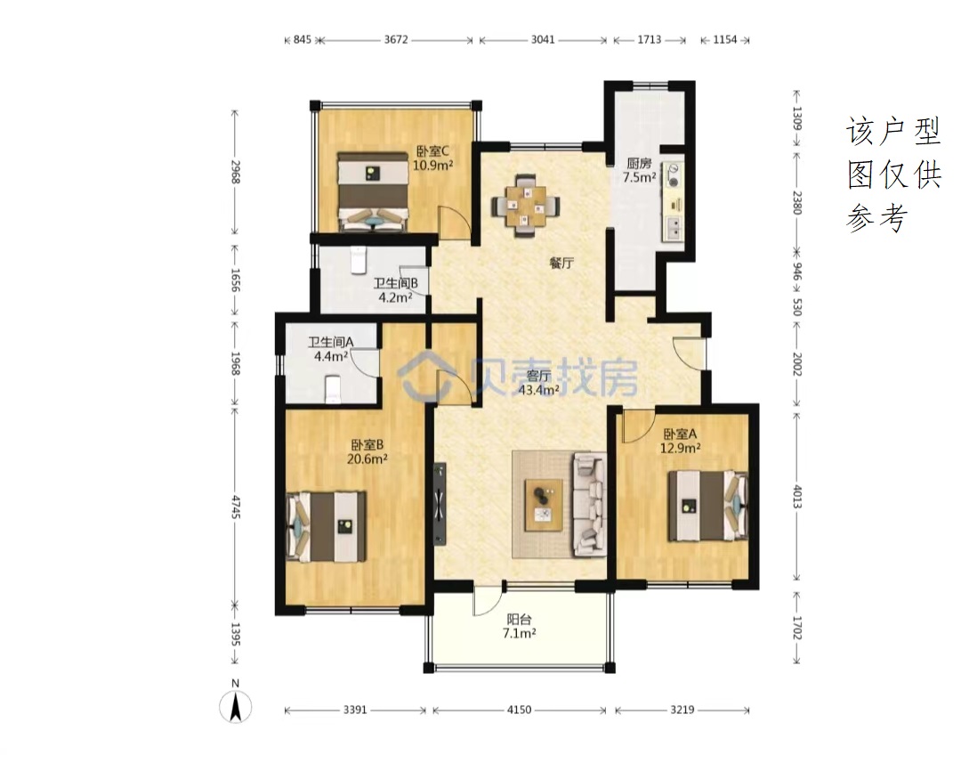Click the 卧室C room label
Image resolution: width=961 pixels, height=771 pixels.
433,150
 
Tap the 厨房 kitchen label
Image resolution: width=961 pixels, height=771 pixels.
639,163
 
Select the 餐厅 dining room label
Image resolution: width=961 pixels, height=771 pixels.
561,264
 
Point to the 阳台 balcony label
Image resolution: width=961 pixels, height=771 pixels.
519,620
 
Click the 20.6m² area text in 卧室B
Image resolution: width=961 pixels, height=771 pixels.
367,459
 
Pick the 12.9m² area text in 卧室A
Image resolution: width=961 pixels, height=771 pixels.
681,448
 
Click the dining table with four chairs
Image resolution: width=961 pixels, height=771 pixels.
526,206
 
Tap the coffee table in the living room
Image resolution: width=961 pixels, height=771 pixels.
544,505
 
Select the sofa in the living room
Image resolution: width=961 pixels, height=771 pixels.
589,505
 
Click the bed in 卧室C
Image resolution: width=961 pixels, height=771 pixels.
373,191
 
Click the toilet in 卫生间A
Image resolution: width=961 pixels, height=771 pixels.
332,390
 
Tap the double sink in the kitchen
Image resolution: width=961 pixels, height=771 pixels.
673,228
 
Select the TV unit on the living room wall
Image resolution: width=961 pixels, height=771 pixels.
440,504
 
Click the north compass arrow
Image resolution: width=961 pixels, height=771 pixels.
235,706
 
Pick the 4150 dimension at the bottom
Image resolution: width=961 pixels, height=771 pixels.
519,710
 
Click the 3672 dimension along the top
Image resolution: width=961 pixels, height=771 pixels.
396,40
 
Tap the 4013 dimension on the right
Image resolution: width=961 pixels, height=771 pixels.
796,496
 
